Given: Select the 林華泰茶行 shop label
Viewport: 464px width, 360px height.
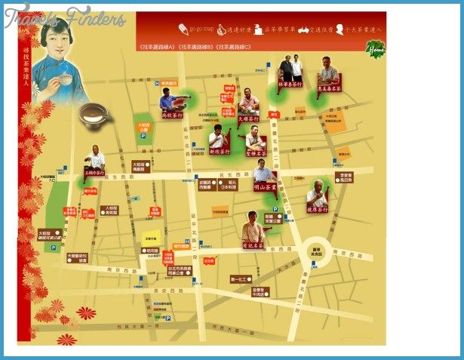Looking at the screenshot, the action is pos(290,84).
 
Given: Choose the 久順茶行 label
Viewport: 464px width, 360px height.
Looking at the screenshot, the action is pos(248,118).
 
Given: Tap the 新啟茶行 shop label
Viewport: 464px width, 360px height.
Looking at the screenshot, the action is pos(219,150).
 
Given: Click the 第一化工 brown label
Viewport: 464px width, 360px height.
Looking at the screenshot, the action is pos(239,278).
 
